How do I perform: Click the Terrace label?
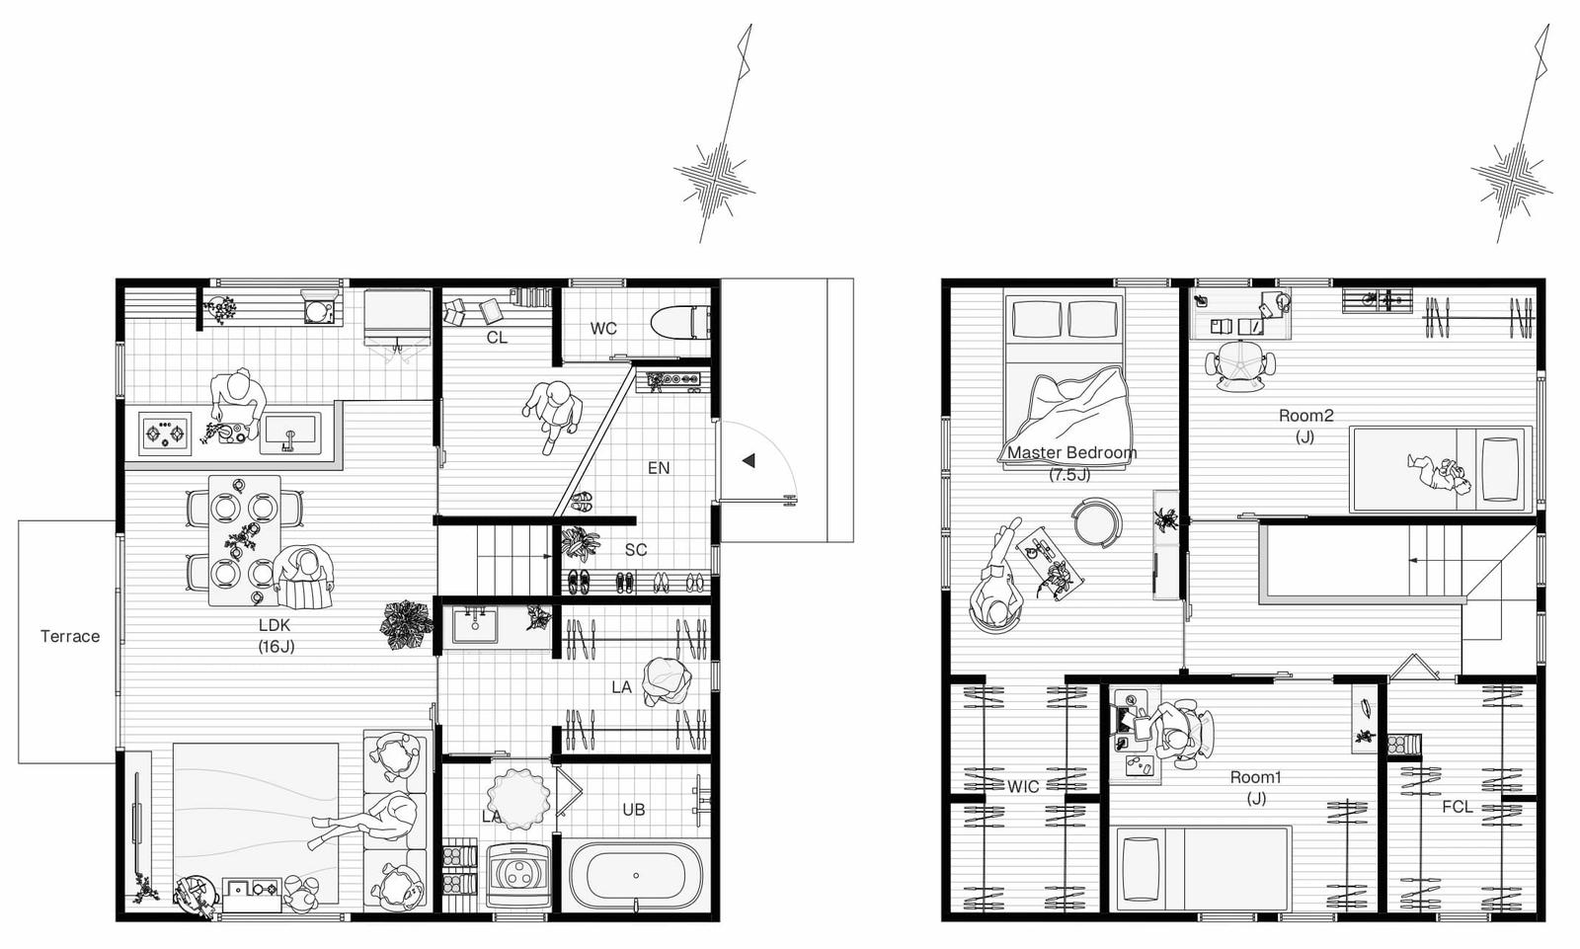pos(70,636)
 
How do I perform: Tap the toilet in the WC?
pos(680,323)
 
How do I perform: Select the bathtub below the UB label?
pos(636,876)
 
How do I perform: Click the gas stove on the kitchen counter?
pos(165,432)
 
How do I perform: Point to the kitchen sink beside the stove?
pos(290,434)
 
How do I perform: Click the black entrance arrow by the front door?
pos(749,461)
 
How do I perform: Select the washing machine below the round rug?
pos(517,875)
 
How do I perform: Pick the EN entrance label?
pos(659,468)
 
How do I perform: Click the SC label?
pos(636,550)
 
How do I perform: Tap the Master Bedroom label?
pos(1071,452)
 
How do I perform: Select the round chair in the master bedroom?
pos(1097,522)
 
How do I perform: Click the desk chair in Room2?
pos(1240,364)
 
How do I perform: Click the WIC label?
pos(1023,786)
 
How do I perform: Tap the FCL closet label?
pos(1458,807)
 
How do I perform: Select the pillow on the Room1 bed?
pos(1140,869)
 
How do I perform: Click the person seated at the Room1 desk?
pos(1176,733)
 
